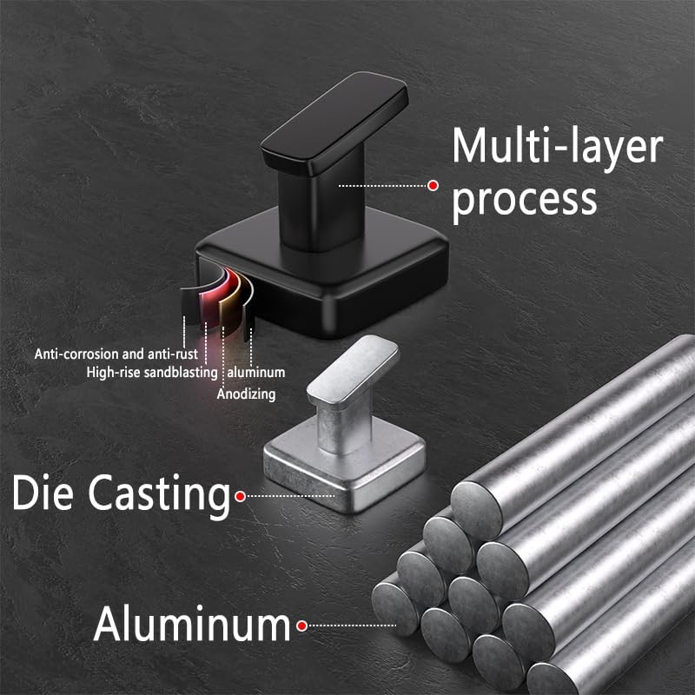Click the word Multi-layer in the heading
pyautogui.click(x=557, y=145)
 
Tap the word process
pyautogui.click(x=525, y=201)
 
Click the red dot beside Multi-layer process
pyautogui.click(x=433, y=186)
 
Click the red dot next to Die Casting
pyautogui.click(x=241, y=496)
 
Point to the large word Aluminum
pyautogui.click(x=192, y=624)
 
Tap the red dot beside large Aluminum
pyautogui.click(x=302, y=625)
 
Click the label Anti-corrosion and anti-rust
pyautogui.click(x=116, y=354)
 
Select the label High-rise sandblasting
pyautogui.click(x=152, y=373)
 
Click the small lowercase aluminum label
pyautogui.click(x=256, y=373)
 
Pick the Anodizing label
pyautogui.click(x=247, y=394)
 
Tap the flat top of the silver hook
pyautogui.click(x=354, y=369)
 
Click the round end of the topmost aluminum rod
pyautogui.click(x=476, y=511)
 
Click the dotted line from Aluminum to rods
pyautogui.click(x=353, y=625)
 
